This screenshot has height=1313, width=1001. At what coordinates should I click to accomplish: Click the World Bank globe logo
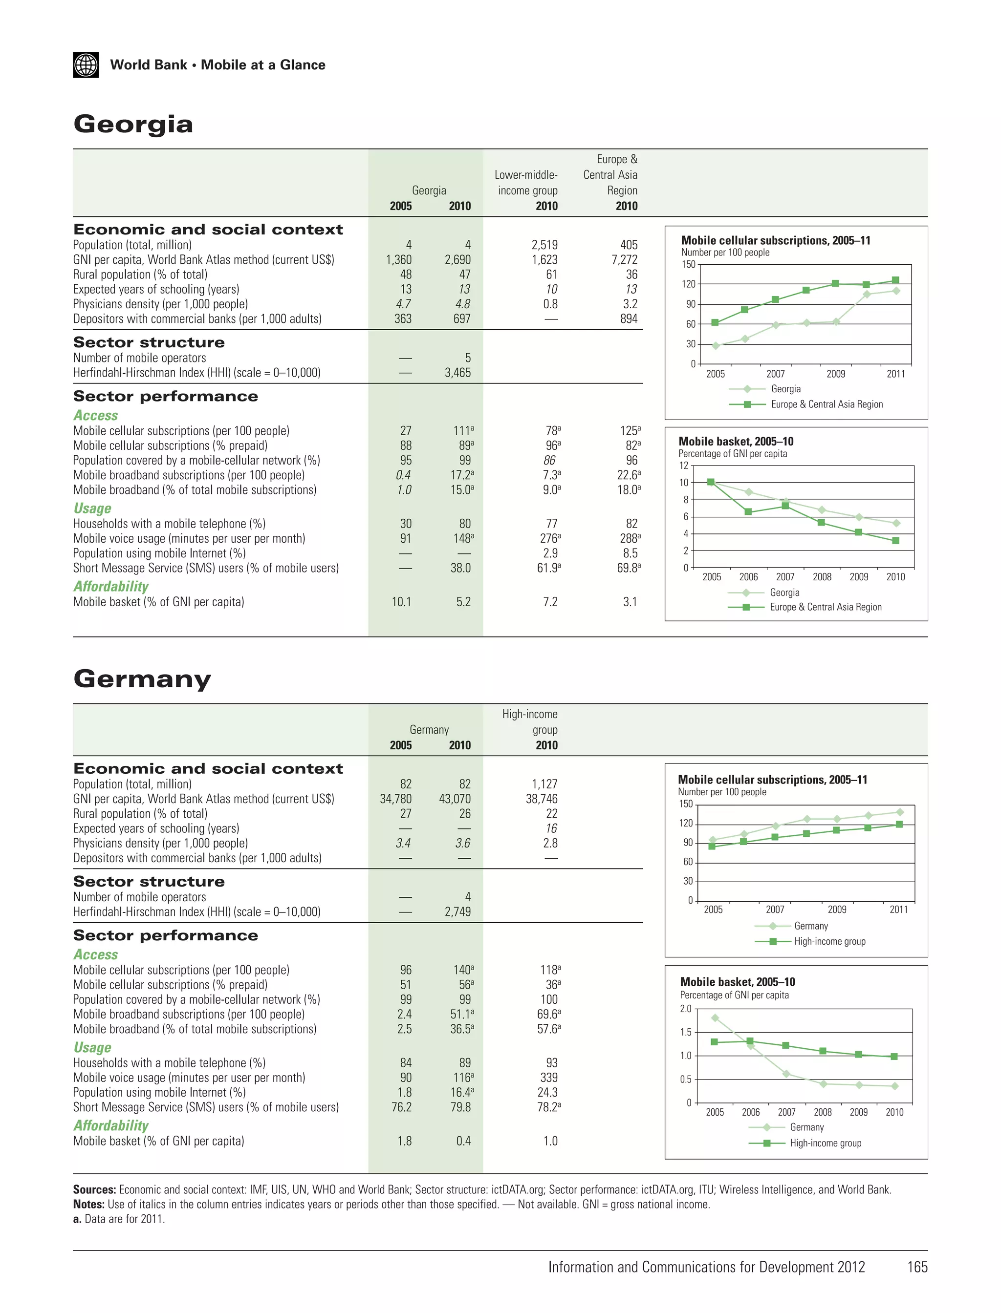(86, 65)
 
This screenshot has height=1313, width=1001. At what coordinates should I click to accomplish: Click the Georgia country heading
(133, 124)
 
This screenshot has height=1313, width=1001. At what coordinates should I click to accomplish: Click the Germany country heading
(142, 679)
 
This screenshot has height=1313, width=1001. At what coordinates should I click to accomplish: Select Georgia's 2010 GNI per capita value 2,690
(457, 260)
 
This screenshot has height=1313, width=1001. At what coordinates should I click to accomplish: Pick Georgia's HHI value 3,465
(457, 373)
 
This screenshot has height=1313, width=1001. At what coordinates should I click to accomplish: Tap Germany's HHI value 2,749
(457, 911)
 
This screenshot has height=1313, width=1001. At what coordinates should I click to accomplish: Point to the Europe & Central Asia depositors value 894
(629, 318)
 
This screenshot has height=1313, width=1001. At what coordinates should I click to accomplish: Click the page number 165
(917, 1267)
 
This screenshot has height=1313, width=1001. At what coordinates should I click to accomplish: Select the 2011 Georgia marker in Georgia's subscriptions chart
(895, 291)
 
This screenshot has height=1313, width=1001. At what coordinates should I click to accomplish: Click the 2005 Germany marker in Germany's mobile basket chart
(715, 1017)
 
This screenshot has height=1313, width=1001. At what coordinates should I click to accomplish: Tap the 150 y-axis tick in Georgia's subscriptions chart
(688, 264)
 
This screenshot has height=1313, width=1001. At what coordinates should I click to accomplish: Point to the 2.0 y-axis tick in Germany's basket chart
(686, 1009)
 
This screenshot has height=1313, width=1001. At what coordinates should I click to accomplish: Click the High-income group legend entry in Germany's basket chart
(825, 1143)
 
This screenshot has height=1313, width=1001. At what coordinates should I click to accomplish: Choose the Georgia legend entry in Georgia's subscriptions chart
(785, 389)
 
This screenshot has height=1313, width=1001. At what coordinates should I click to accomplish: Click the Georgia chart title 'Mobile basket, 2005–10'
(736, 441)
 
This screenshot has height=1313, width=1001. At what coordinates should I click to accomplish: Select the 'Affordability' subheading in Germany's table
(111, 1125)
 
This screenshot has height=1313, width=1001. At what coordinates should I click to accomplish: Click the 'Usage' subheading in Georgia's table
(92, 508)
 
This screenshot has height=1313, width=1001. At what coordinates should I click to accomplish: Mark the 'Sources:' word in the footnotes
(94, 1189)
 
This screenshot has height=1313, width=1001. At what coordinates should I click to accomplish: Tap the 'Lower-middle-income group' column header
(527, 182)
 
